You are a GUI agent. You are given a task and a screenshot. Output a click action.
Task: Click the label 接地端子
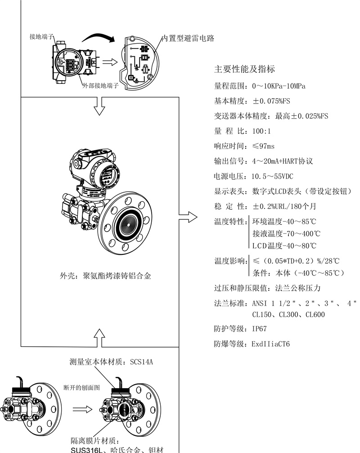click(40, 35)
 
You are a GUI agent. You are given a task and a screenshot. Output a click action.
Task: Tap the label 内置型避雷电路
click(188, 39)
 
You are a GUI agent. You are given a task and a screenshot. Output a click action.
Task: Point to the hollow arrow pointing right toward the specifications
click(188, 217)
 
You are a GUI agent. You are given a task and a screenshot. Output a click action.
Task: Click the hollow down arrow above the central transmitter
click(100, 107)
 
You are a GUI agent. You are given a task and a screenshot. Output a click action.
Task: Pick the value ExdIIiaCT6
click(271, 344)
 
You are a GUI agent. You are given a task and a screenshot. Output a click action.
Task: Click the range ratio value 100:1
click(261, 131)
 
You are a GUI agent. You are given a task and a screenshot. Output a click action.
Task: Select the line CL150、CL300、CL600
click(288, 314)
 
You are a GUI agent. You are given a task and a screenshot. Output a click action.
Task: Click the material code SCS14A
click(142, 362)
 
